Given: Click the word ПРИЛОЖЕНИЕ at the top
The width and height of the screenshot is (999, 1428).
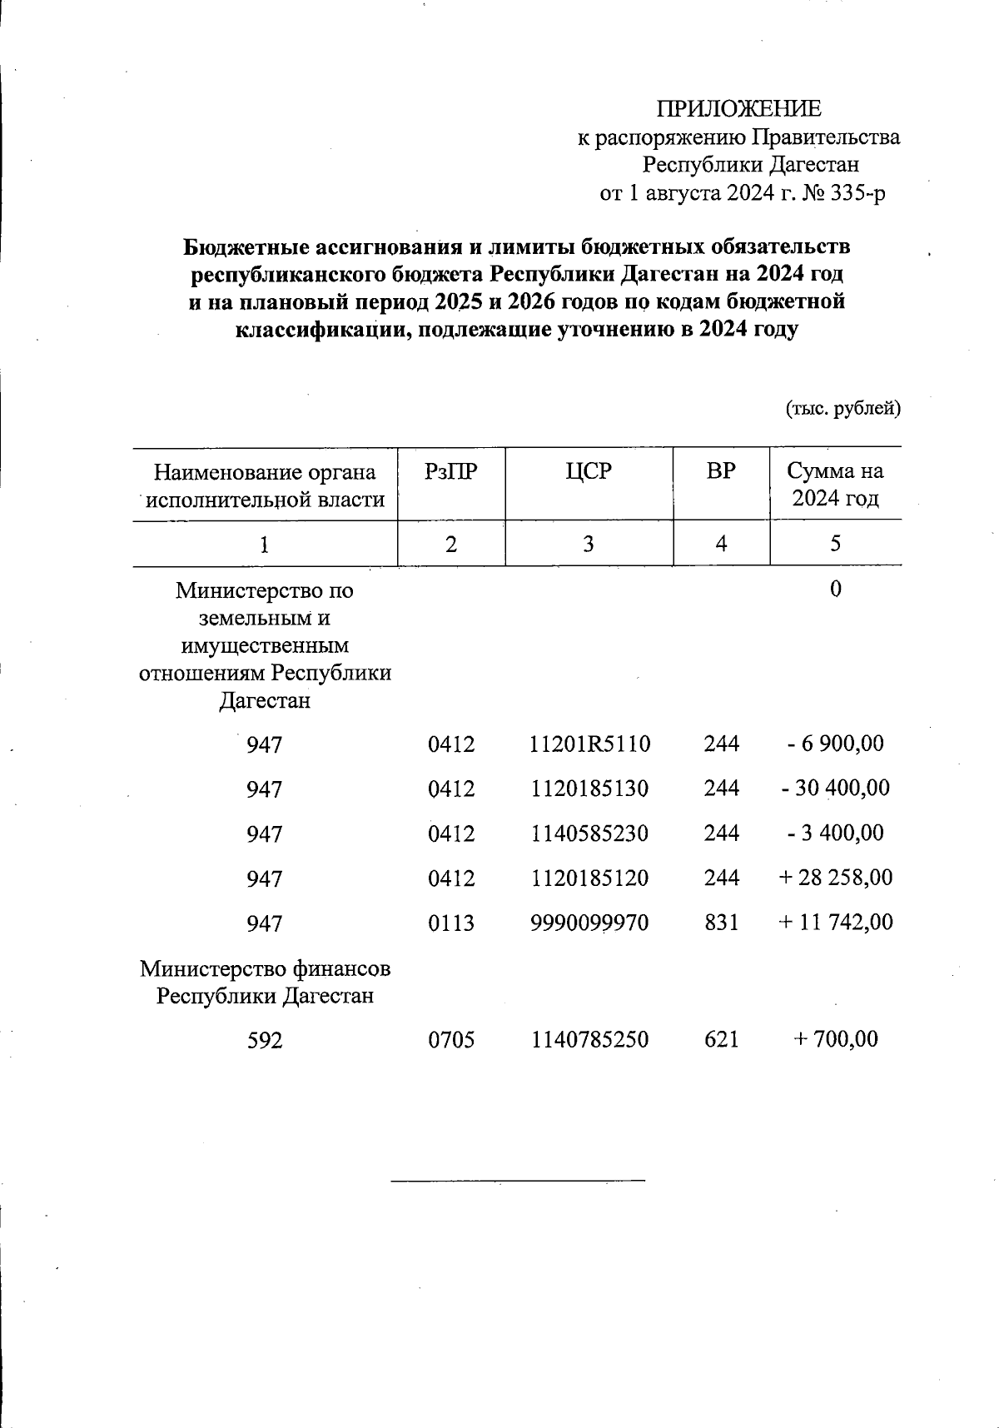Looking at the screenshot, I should [738, 109].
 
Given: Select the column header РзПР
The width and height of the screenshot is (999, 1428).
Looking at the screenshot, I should [451, 471].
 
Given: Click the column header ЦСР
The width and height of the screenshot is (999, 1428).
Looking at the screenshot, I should [589, 471].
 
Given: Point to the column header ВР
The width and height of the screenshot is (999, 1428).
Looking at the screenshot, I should [721, 471].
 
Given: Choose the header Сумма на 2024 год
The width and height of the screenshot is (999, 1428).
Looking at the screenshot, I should [835, 485].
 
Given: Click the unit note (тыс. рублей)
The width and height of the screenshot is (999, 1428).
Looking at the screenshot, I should [843, 408].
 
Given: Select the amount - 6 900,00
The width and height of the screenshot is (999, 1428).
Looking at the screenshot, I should [835, 743].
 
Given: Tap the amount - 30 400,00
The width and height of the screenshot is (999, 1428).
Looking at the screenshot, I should [835, 788].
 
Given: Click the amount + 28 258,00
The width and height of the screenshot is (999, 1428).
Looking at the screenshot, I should [835, 878].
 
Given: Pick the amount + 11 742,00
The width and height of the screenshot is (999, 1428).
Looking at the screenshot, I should [835, 923].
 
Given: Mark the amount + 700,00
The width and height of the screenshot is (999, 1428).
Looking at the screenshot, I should [835, 1039].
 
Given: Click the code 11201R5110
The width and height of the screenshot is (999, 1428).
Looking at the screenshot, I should [589, 744].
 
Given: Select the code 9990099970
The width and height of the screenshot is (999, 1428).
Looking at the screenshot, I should [589, 923].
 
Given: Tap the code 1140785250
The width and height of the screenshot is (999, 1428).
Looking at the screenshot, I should [589, 1039].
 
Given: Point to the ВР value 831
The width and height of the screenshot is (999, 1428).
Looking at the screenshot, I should [721, 923].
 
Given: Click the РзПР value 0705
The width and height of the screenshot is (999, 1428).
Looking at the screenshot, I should [451, 1039].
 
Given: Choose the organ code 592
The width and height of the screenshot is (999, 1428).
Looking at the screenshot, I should [264, 1040].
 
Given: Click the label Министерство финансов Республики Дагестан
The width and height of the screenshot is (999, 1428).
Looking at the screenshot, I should [265, 983].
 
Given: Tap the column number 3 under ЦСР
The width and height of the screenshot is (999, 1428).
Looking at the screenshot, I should [589, 544].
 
